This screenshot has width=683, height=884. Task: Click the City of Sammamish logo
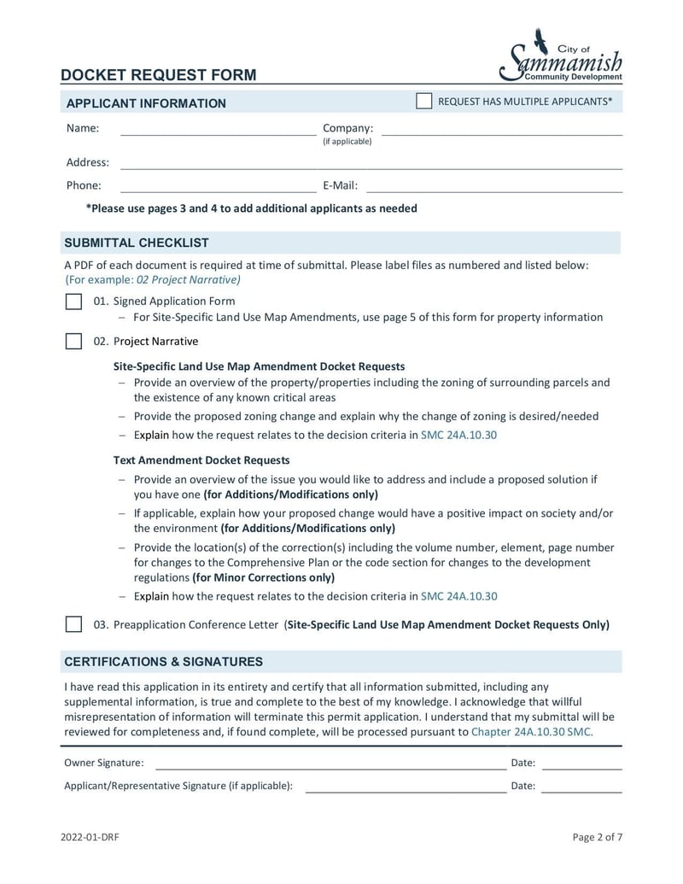click(x=561, y=56)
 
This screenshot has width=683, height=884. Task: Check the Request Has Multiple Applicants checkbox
click(x=423, y=102)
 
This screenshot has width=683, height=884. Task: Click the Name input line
click(x=218, y=130)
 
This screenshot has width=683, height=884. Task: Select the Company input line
click(x=501, y=130)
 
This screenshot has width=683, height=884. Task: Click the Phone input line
click(x=218, y=187)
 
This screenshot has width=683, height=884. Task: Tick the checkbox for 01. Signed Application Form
click(x=74, y=301)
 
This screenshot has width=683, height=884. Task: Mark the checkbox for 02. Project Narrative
click(x=74, y=342)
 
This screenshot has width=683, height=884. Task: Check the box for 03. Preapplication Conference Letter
click(x=74, y=624)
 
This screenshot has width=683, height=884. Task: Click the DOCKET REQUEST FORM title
click(x=158, y=75)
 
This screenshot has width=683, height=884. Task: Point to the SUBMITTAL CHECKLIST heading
click(x=137, y=243)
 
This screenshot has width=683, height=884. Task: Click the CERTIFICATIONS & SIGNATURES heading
click(x=163, y=662)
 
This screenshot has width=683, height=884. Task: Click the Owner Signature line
click(x=330, y=764)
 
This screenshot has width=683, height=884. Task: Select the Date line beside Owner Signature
click(x=581, y=764)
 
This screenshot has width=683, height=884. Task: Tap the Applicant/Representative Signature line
click(x=406, y=787)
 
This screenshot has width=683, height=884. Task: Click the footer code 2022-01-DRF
click(x=90, y=837)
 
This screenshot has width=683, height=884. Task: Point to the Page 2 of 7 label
click(x=597, y=837)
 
